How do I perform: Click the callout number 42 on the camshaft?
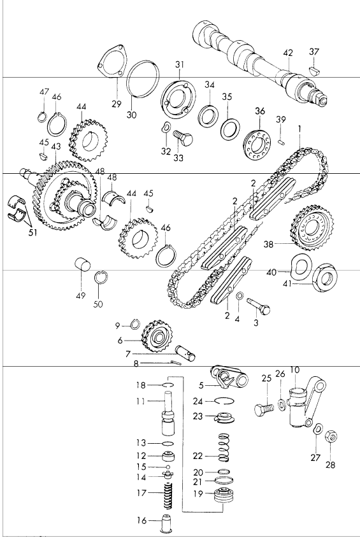click(288, 52)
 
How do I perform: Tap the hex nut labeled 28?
click(332, 438)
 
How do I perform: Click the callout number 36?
click(259, 112)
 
